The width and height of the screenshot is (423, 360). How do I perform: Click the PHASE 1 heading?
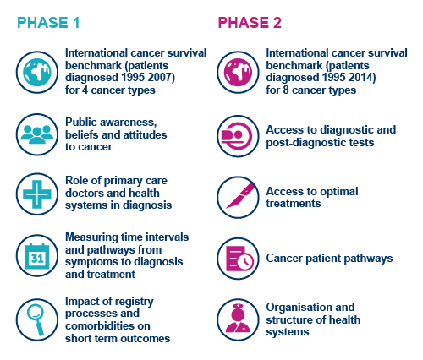pyautogui.click(x=48, y=23)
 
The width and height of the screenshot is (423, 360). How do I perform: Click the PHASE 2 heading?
pyautogui.click(x=250, y=23)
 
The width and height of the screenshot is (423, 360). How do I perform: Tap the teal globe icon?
pyautogui.click(x=37, y=72)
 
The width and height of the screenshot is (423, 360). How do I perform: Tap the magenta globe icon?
pyautogui.click(x=238, y=72)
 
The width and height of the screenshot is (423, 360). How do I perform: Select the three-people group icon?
pyautogui.click(x=37, y=134)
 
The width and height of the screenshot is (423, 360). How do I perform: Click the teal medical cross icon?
pyautogui.click(x=37, y=194)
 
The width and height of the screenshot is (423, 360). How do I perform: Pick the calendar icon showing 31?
pyautogui.click(x=37, y=256)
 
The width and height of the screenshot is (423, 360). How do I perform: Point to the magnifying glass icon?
pyautogui.click(x=37, y=319)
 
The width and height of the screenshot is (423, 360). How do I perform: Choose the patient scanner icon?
pyautogui.click(x=238, y=136)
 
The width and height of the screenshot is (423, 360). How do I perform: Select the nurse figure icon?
pyautogui.click(x=238, y=319)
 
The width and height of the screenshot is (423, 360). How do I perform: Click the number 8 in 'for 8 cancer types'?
pyautogui.click(x=285, y=90)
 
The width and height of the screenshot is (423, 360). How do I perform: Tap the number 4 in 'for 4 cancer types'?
pyautogui.click(x=85, y=90)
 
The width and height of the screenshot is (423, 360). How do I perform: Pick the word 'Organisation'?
pyautogui.click(x=310, y=307)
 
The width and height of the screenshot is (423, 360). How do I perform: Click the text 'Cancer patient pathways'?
pyautogui.click(x=329, y=259)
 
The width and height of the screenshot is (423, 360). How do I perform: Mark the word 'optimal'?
pyautogui.click(x=339, y=192)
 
